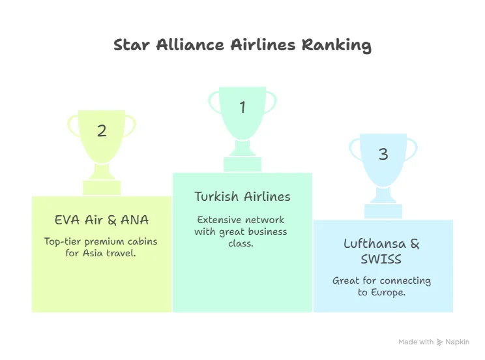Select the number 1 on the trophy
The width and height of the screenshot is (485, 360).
tap(242, 107)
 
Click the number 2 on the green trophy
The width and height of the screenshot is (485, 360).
tap(102, 130)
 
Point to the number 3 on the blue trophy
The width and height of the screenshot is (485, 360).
tap(383, 154)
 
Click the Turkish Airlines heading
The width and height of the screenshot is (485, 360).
tap(242, 196)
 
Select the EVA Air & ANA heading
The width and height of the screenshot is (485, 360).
tap(102, 220)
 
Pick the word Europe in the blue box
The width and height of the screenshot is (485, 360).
tap(389, 292)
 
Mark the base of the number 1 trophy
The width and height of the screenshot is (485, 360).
tap(242, 164)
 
